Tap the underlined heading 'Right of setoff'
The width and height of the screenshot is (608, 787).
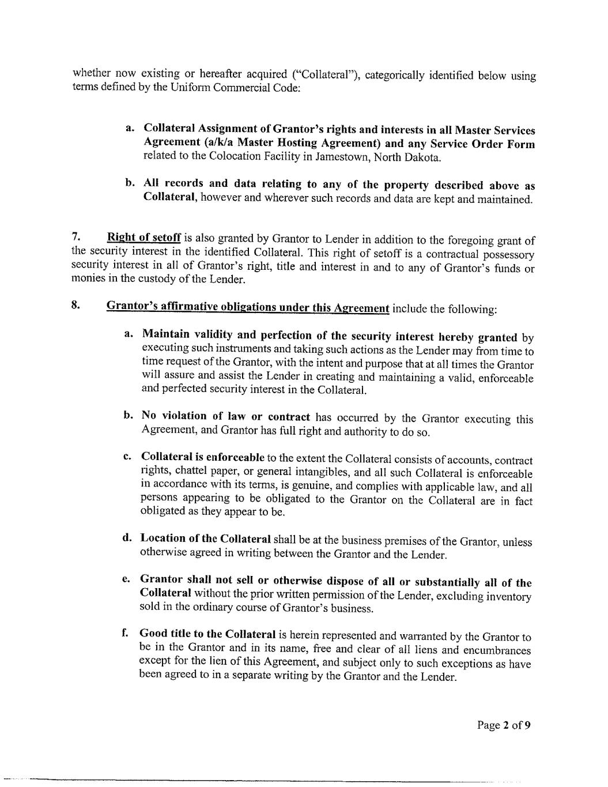coord(144,237)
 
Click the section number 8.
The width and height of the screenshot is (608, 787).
coord(75,306)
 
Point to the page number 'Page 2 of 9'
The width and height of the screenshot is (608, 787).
coord(503,725)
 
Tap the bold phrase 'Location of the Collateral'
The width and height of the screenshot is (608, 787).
coord(206,539)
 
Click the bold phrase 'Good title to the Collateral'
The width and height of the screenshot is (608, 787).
coord(208,634)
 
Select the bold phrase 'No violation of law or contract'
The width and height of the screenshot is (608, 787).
coord(226,416)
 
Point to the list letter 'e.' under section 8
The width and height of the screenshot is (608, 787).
coord(126,579)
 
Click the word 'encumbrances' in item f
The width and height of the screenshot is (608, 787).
coord(497,650)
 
